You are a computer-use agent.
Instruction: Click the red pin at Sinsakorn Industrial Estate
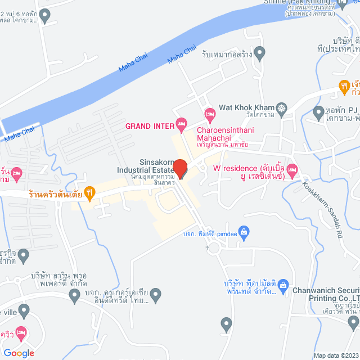(x=180, y=168)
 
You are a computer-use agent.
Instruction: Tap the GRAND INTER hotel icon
(x=181, y=123)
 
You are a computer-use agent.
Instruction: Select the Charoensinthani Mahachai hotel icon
(x=209, y=116)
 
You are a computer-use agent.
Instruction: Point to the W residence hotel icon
(x=292, y=169)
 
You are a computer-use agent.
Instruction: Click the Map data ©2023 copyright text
(x=335, y=355)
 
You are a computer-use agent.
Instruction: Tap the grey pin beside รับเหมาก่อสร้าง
(x=259, y=55)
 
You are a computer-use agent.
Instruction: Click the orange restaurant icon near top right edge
(x=344, y=86)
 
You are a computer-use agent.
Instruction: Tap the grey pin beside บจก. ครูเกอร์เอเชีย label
(x=156, y=294)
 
